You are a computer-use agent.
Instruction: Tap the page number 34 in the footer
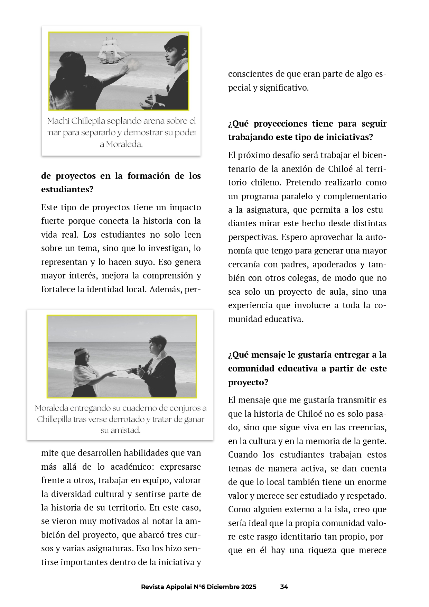point(284,587)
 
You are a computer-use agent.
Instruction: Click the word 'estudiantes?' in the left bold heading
point(67,190)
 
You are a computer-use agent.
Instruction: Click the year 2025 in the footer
point(249,587)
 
